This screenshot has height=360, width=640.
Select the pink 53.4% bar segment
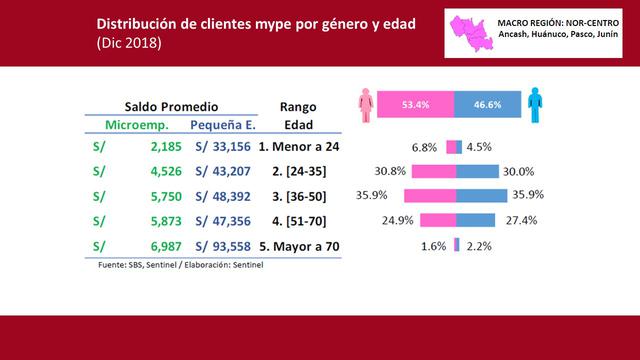[x=414, y=103]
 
